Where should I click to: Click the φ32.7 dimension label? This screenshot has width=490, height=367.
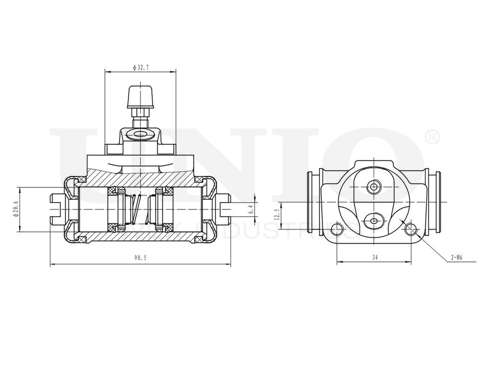140,68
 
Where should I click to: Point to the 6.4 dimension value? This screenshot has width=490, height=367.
252,209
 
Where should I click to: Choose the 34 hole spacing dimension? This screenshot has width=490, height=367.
375,256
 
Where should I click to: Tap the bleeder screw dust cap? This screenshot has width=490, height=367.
141,97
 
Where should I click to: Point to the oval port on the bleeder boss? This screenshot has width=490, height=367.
141,134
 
